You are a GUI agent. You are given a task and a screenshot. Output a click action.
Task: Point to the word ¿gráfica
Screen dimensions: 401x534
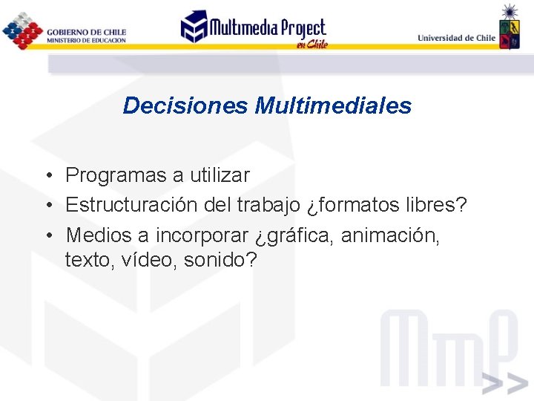point(294,235)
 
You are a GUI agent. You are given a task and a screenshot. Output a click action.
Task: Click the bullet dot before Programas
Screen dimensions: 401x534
point(47,177)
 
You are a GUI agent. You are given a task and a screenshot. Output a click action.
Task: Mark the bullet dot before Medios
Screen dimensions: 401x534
point(47,236)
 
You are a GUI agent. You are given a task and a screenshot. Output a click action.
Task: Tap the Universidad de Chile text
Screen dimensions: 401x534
point(456,37)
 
